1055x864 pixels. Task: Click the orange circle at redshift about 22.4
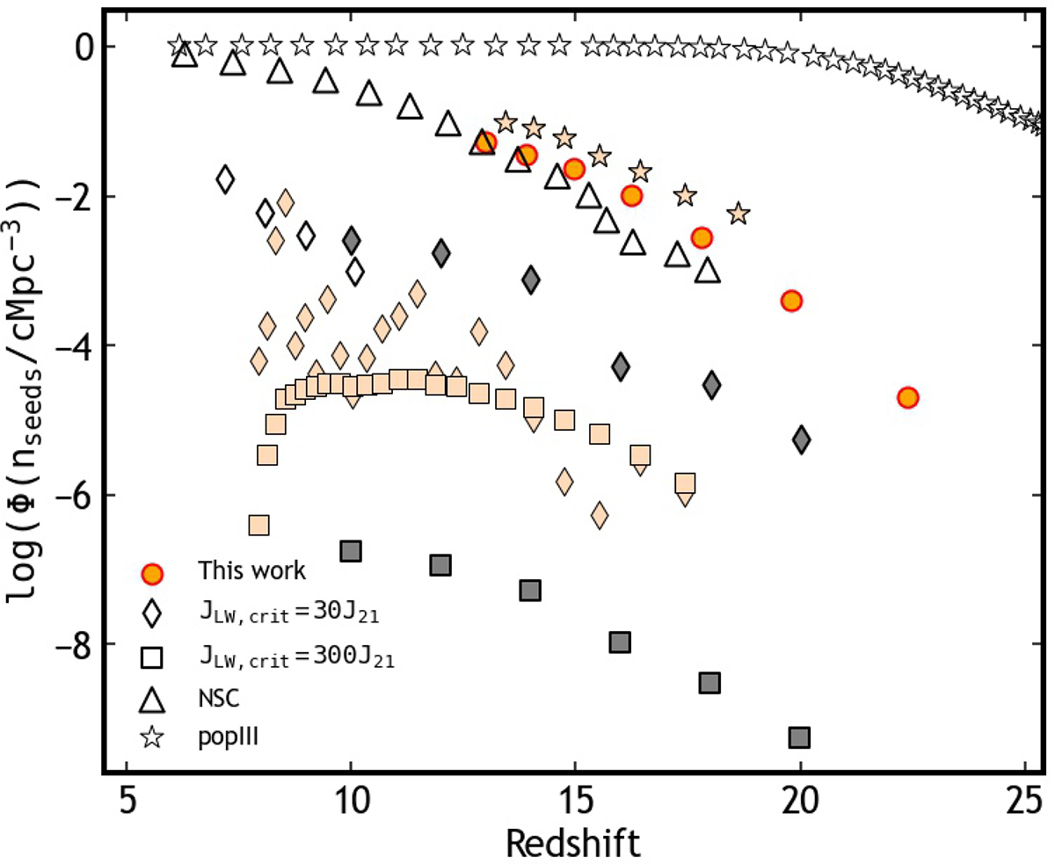[x=908, y=397]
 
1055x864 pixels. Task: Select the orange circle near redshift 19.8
[x=791, y=301]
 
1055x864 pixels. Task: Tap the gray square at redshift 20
[x=799, y=737]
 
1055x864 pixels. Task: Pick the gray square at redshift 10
[x=351, y=551]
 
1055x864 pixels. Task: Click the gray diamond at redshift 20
[x=801, y=439]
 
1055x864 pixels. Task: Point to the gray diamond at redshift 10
[x=352, y=239]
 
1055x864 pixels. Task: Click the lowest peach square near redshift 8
[x=258, y=525]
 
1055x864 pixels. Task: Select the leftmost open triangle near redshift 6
[x=184, y=54]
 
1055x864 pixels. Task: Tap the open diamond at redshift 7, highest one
[x=225, y=179]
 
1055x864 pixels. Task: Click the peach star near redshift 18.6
[x=738, y=214]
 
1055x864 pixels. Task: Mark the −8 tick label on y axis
[x=78, y=644]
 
